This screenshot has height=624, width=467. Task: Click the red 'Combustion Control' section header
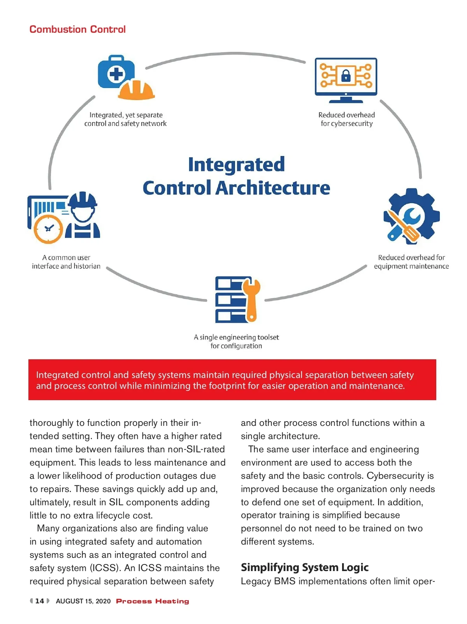(77, 29)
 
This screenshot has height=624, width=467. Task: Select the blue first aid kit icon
(116, 72)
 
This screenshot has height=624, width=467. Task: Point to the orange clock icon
(48, 229)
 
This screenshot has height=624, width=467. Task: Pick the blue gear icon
(412, 216)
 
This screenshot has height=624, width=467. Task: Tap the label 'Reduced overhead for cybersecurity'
(346, 119)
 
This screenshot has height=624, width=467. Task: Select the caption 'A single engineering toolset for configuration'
(236, 341)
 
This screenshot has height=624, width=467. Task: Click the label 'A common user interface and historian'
(66, 262)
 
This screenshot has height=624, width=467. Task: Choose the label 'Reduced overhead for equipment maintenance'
(411, 262)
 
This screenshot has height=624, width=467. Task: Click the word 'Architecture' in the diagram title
(272, 188)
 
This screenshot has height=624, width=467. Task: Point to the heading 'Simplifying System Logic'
(304, 567)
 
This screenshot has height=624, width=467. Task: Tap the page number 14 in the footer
(40, 601)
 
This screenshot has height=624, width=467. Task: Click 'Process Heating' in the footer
(153, 601)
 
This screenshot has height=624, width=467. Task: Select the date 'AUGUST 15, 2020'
(83, 601)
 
